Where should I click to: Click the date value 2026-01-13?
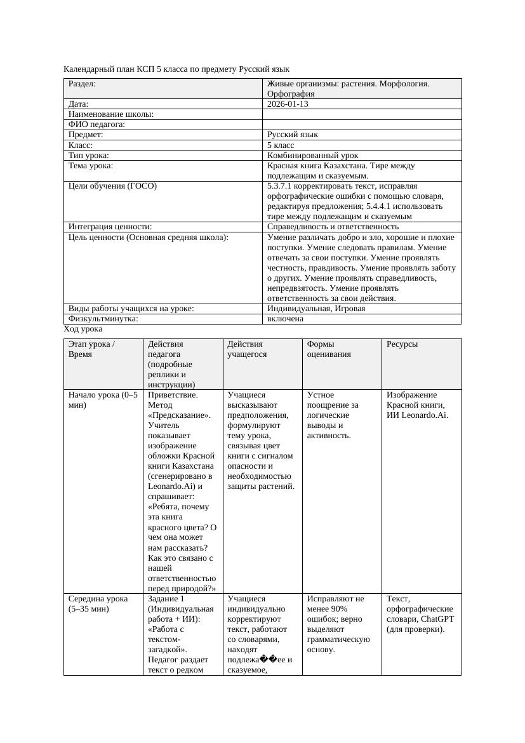288,104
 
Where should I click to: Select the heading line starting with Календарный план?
176,69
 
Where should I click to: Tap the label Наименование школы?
111,114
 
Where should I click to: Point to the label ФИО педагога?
96,124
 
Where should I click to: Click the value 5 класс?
281,145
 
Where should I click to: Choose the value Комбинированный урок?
312,155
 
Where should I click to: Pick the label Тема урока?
91,166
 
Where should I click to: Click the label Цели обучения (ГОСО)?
112,186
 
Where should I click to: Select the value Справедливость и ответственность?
333,226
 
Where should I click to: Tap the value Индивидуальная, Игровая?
316,308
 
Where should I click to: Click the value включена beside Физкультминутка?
285,318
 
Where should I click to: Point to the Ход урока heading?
83,329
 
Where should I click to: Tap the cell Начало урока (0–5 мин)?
102,400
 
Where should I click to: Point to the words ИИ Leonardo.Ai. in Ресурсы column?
417,415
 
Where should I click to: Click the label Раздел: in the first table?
82,83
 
